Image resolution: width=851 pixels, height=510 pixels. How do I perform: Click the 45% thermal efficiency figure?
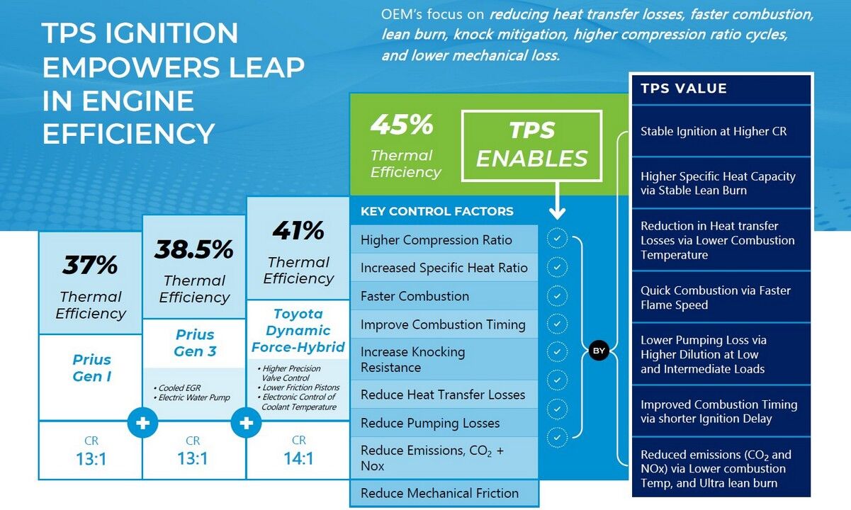pyautogui.click(x=401, y=125)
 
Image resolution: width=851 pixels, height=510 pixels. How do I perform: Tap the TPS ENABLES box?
pyautogui.click(x=531, y=144)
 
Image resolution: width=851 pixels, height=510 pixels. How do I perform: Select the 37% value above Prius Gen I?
pyautogui.click(x=90, y=265)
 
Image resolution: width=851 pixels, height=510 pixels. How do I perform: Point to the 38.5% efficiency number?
pyautogui.click(x=194, y=249)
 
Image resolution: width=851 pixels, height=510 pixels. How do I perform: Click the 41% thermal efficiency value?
pyautogui.click(x=298, y=230)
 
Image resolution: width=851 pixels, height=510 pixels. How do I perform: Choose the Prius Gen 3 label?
pyautogui.click(x=194, y=343)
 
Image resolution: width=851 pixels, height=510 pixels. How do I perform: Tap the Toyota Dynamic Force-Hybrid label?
pyautogui.click(x=298, y=330)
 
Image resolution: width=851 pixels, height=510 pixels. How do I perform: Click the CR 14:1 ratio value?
pyautogui.click(x=298, y=458)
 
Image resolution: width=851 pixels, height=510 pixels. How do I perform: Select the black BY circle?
pyautogui.click(x=599, y=351)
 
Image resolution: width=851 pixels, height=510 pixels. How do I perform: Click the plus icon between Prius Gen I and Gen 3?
pyautogui.click(x=143, y=423)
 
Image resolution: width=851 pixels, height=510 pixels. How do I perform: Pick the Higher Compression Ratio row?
pyautogui.click(x=436, y=240)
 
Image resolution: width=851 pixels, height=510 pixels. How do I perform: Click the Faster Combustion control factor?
pyautogui.click(x=415, y=296)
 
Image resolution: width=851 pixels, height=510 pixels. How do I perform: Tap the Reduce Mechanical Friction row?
pyautogui.click(x=439, y=493)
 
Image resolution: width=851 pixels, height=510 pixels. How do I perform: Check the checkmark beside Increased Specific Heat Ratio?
pyautogui.click(x=558, y=267)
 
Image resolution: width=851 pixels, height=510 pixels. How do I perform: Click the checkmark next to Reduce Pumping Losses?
pyautogui.click(x=558, y=436)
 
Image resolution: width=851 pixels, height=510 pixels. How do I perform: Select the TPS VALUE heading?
pyautogui.click(x=674, y=89)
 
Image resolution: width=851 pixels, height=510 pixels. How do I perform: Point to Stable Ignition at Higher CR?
pyautogui.click(x=714, y=131)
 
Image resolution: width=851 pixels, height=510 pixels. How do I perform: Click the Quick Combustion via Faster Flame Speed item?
pyautogui.click(x=715, y=297)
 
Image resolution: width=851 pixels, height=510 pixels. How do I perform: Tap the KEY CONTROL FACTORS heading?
pyautogui.click(x=436, y=211)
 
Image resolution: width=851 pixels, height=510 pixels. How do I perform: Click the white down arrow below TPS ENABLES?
pyautogui.click(x=557, y=202)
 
